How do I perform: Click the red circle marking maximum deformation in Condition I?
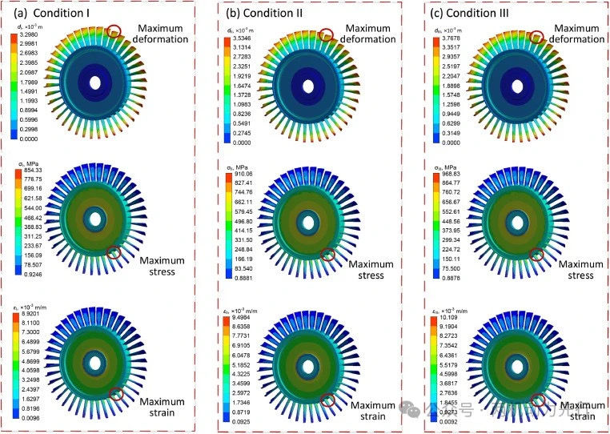114,30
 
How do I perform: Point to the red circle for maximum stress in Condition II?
327,255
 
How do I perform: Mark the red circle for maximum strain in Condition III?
538,400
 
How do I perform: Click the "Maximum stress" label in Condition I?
161,266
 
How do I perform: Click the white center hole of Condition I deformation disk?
95,82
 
